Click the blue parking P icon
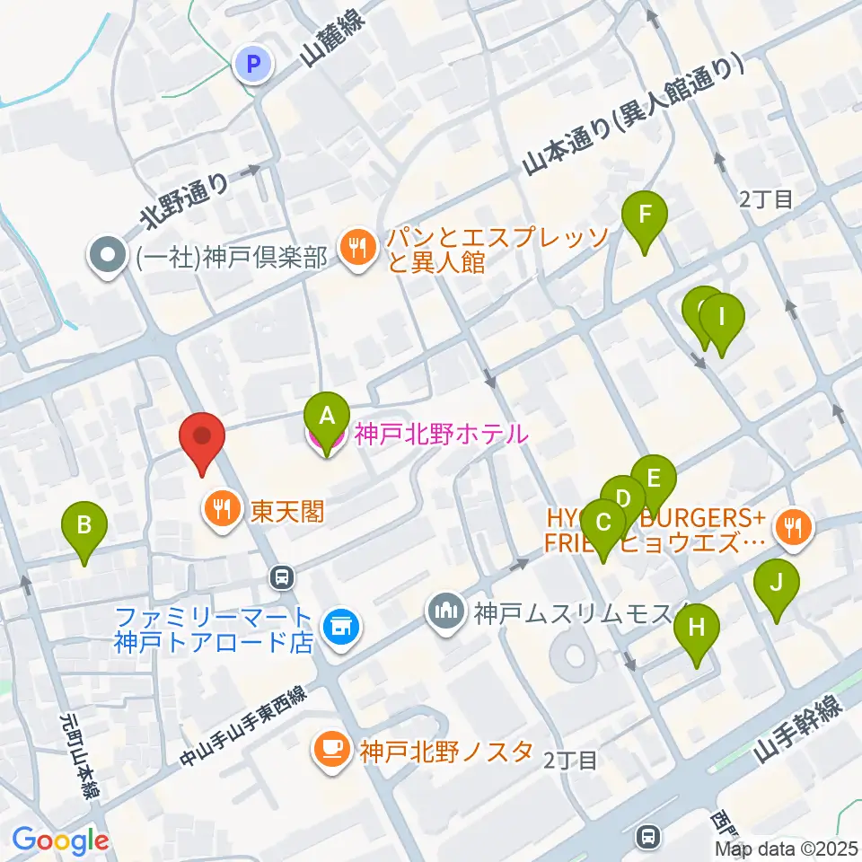(253, 64)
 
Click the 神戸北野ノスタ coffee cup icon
(330, 750)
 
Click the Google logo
(60, 840)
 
